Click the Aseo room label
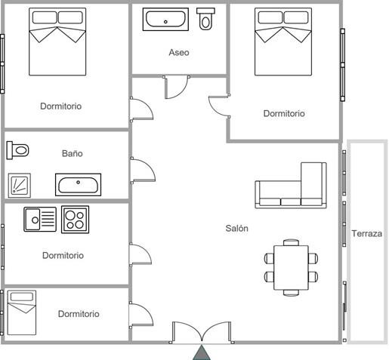pyautogui.click(x=179, y=52)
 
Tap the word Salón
pyautogui.click(x=236, y=228)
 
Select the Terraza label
pyautogui.click(x=367, y=233)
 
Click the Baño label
pyautogui.click(x=73, y=153)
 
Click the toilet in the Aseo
pyautogui.click(x=205, y=19)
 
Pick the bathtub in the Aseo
pyautogui.click(x=165, y=20)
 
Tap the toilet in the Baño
pyautogui.click(x=17, y=150)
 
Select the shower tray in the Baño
pyautogui.click(x=20, y=186)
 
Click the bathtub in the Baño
pyautogui.click(x=78, y=185)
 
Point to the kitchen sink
pyautogui.click(x=40, y=219)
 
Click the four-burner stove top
pyautogui.click(x=75, y=220)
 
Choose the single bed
pyautogui.click(x=22, y=312)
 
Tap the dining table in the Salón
pyautogui.click(x=291, y=268)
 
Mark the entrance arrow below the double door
pyautogui.click(x=202, y=352)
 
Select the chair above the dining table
pyautogui.click(x=291, y=242)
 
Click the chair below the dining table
pyautogui.click(x=291, y=293)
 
